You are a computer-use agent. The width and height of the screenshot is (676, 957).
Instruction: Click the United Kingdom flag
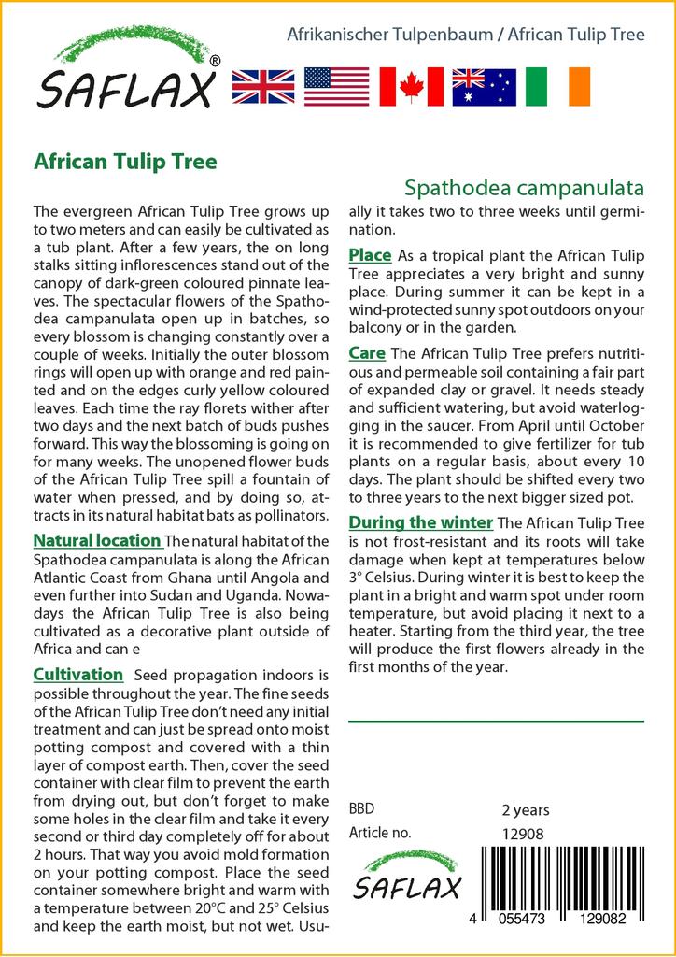(263, 86)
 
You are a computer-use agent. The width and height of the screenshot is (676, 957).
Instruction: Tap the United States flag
(336, 86)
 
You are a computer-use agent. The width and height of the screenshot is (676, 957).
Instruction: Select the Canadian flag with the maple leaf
(411, 86)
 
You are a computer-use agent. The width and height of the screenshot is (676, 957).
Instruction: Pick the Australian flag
(484, 86)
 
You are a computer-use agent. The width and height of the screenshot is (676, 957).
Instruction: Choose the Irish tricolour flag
(557, 86)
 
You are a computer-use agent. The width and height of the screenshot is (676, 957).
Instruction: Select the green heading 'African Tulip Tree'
(125, 161)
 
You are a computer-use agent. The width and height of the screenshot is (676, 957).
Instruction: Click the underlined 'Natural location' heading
(96, 540)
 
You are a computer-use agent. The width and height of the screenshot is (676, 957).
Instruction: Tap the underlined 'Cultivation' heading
(78, 675)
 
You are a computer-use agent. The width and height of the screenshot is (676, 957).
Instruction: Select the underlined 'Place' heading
(370, 255)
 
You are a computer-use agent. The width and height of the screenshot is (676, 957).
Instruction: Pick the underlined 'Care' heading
(367, 353)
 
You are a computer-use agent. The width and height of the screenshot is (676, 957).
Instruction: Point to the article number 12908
(523, 834)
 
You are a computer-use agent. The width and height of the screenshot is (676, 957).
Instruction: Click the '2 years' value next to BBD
(526, 810)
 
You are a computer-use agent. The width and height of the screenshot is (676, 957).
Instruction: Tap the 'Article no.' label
(380, 834)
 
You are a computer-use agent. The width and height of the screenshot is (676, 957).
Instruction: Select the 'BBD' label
(361, 810)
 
